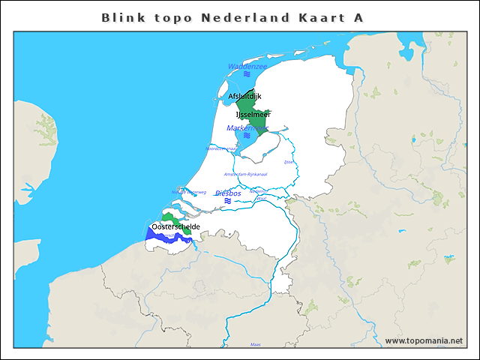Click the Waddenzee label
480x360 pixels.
(x=247, y=67)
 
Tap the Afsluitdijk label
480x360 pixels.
(x=244, y=96)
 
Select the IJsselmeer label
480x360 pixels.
(x=253, y=114)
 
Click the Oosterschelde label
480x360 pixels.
(x=175, y=226)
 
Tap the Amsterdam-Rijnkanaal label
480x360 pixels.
(x=251, y=174)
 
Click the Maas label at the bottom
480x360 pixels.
(x=255, y=344)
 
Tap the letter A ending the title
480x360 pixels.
(x=358, y=17)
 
